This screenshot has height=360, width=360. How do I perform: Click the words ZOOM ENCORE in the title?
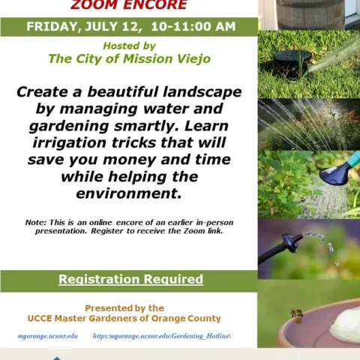[129, 5]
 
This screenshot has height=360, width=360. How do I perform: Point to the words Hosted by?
[129, 46]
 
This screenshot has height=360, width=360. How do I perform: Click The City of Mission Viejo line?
[129, 58]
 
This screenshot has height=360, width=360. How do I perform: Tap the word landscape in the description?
[198, 91]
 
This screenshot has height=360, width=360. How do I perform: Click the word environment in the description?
[129, 193]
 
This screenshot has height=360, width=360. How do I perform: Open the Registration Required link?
[130, 280]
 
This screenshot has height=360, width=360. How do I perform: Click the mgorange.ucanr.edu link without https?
[48, 336]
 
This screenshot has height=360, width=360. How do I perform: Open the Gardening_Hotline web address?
[161, 336]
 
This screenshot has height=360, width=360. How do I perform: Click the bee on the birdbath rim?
[295, 313]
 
